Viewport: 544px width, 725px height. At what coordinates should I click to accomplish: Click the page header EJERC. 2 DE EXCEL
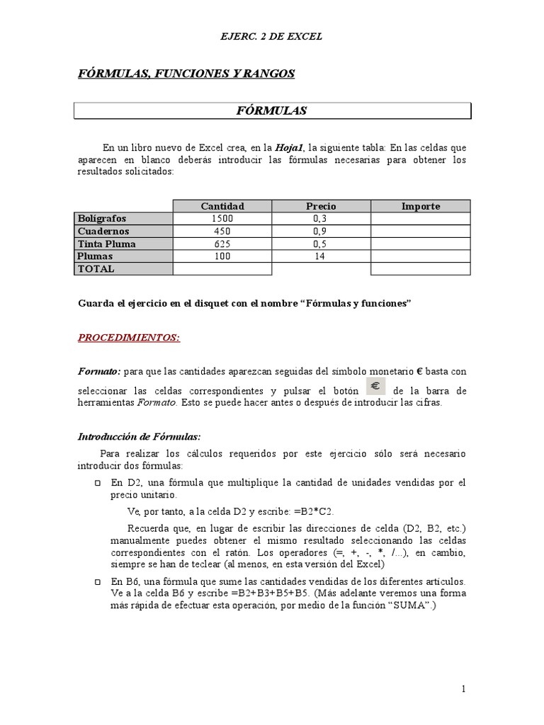[271, 36]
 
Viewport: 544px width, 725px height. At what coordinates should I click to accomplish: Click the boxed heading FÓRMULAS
[271, 111]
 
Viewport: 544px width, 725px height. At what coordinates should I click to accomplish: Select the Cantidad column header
[222, 206]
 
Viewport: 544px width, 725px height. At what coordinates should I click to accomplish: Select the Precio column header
[321, 206]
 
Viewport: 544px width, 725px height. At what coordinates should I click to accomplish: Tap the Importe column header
[420, 206]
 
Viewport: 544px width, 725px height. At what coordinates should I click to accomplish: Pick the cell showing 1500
[222, 219]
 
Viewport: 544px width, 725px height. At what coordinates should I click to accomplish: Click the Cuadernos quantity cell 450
[222, 232]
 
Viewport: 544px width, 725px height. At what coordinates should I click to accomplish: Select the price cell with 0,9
[321, 232]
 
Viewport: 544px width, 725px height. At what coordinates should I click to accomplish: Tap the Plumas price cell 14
[321, 256]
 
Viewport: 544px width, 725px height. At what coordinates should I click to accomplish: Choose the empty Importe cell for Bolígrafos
[420, 219]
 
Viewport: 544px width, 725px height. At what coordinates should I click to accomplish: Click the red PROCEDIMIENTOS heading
[128, 338]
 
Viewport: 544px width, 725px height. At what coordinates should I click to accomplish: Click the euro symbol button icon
[375, 387]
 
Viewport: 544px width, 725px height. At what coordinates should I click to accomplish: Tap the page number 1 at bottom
[463, 688]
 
